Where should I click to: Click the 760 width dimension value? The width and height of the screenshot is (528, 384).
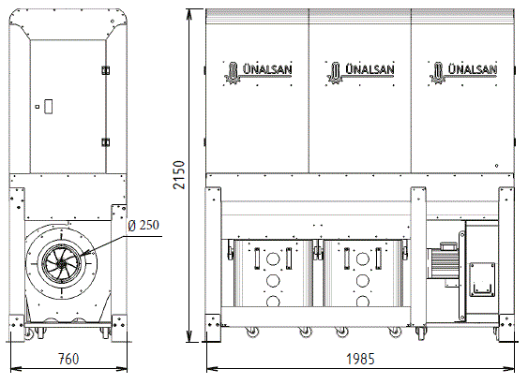68,359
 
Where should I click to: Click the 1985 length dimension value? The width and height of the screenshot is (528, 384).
360,359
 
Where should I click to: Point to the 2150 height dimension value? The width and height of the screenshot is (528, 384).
179,175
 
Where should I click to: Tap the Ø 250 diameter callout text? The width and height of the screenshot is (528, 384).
143,225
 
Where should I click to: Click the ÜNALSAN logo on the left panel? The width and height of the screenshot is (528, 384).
258,72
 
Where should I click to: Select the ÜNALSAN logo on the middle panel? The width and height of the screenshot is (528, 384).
360,72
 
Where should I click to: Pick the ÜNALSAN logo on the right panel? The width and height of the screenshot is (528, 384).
463,72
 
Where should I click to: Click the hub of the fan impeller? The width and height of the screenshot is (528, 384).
61,265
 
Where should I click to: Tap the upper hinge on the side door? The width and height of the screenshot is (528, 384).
106,70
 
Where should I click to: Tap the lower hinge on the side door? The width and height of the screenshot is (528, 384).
106,142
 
